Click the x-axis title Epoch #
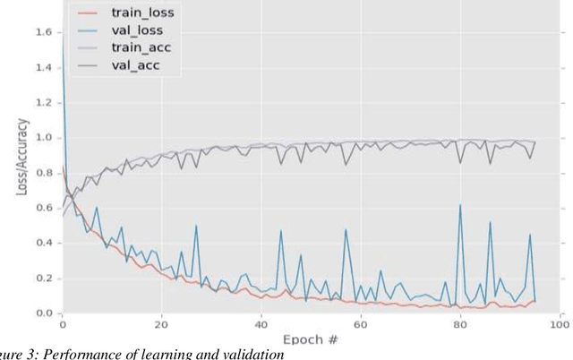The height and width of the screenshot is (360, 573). (x=312, y=341)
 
